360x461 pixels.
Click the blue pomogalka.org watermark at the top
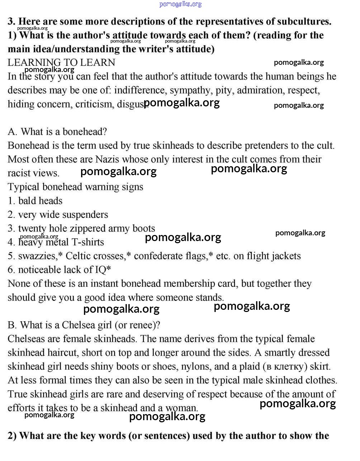(180, 4)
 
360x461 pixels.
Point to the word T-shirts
(88, 242)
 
